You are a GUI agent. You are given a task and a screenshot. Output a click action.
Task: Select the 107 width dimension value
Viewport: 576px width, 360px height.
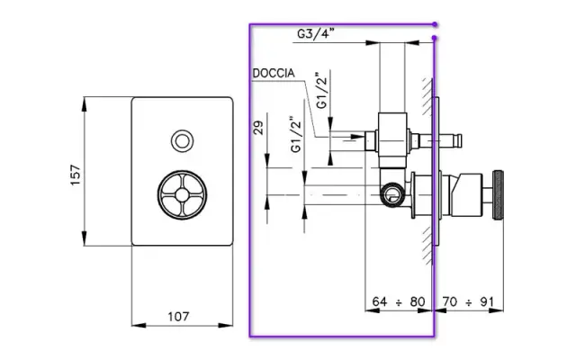178,316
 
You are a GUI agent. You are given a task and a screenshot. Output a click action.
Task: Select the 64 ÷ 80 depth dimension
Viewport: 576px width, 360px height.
397,301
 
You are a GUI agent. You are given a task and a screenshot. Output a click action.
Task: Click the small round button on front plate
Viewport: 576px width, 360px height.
183,140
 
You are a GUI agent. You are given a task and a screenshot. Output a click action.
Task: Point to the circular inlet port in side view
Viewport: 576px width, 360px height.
391,192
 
